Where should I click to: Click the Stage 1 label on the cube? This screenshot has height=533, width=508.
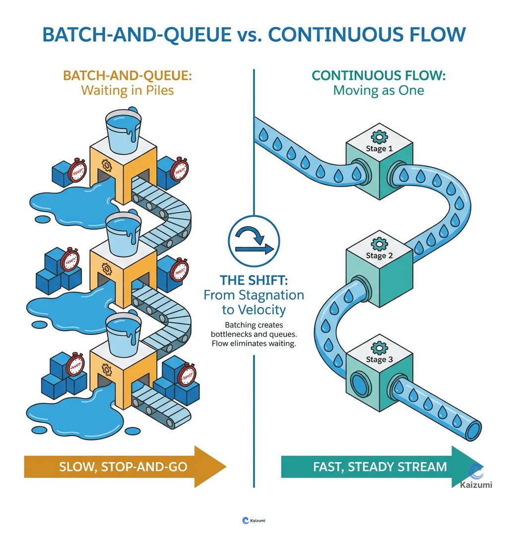[x=379, y=148]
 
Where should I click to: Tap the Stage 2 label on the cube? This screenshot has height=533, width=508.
[x=379, y=256]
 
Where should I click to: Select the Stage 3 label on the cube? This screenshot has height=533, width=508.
[x=379, y=359]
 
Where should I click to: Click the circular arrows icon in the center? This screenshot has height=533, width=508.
[x=254, y=239]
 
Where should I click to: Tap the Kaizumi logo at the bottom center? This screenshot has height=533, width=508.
[x=254, y=520]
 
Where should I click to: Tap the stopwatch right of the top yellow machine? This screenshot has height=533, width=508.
[x=179, y=169]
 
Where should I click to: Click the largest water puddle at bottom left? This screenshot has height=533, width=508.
[x=60, y=412]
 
